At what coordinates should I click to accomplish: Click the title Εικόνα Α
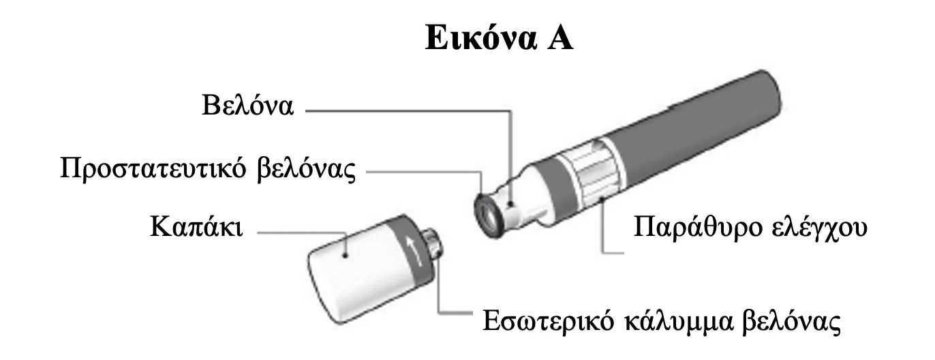(500, 37)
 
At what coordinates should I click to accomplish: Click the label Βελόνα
(248, 105)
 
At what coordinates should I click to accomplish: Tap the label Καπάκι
(196, 228)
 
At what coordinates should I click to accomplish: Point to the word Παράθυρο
(697, 228)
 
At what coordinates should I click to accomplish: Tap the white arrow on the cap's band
(412, 250)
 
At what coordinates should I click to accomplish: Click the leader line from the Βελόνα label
(408, 111)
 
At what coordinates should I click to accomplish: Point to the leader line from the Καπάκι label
(301, 232)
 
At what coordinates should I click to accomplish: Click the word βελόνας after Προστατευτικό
(307, 170)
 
